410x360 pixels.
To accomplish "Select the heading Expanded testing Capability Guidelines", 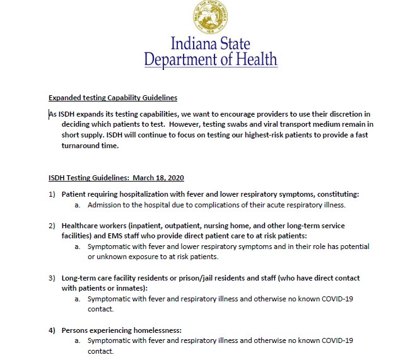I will [113, 98].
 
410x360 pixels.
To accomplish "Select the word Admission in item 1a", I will [105, 205].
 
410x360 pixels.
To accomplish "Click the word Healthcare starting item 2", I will [81, 226].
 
